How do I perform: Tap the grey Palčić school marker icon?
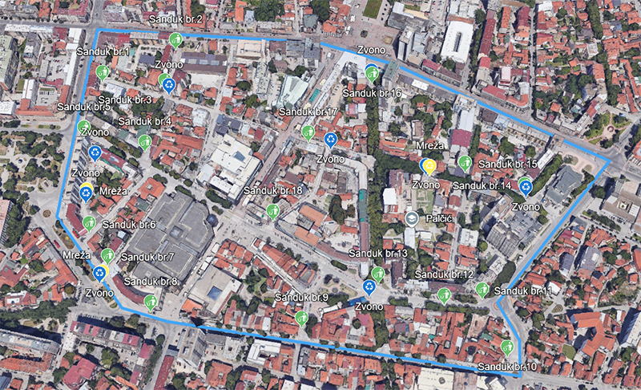[411, 218]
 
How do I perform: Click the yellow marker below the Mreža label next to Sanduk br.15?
[429, 166]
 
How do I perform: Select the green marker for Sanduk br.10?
[506, 347]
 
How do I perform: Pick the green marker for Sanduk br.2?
[175, 39]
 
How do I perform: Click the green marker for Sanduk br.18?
[272, 211]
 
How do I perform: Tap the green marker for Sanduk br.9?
[301, 317]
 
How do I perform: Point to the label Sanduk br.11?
[524, 290]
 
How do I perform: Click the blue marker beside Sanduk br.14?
[526, 188]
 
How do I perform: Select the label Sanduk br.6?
[129, 225]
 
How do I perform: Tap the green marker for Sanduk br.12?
[444, 295]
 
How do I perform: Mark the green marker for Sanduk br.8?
[151, 302]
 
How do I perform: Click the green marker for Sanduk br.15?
[465, 163]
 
